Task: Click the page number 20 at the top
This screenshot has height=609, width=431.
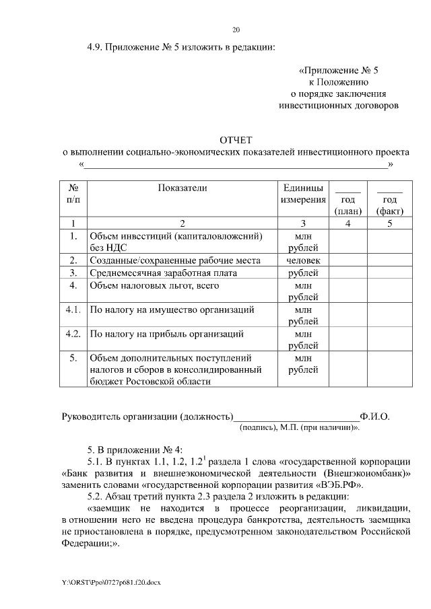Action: pos(236,30)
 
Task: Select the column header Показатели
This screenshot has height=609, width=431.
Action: pos(182,188)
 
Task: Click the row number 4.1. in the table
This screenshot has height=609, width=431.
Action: pos(73,310)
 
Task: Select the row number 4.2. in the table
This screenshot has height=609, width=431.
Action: pos(73,334)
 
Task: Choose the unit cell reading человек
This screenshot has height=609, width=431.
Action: pos(303,260)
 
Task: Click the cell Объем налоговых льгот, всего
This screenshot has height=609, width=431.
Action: pos(154,285)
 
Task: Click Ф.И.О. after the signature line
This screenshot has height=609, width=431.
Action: pos(375,416)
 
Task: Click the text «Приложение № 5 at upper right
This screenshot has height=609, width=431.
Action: pos(343,69)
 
